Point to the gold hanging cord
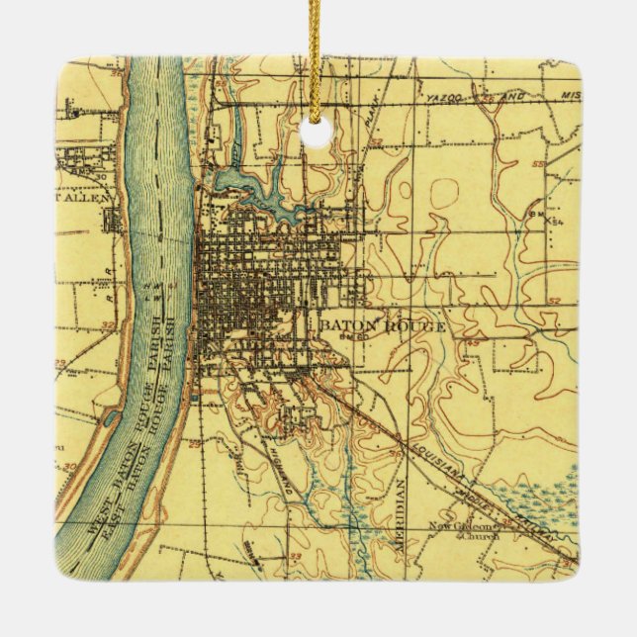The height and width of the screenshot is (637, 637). [x=316, y=49]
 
